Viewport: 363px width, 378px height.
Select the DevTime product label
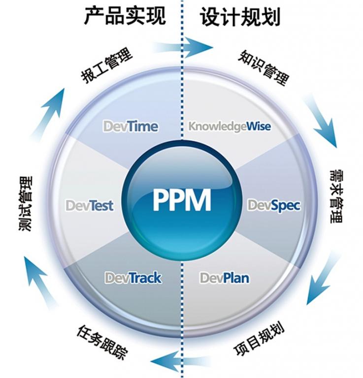pos(131,126)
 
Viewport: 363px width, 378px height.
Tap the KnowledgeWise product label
pos(230,126)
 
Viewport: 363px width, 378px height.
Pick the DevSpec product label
pos(273,205)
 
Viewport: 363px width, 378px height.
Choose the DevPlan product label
pos(224,278)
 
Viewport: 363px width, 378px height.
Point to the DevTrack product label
pos(133,278)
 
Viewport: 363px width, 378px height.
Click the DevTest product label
pos(89,205)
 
